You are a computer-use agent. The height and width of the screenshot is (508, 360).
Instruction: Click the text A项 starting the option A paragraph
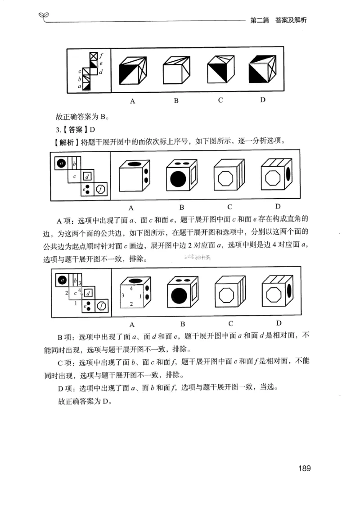(x=65, y=220)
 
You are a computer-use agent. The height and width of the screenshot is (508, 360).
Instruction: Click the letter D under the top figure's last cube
(x=262, y=100)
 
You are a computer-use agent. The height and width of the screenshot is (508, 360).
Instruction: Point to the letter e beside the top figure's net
(x=101, y=64)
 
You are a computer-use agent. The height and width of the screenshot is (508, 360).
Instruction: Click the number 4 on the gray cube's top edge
(x=131, y=287)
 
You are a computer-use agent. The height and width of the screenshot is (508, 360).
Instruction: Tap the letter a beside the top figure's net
(x=80, y=86)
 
